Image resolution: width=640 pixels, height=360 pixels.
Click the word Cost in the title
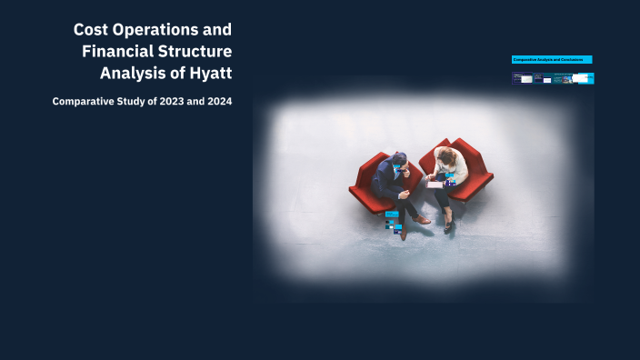click(x=91, y=30)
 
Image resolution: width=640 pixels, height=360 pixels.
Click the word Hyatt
click(x=211, y=72)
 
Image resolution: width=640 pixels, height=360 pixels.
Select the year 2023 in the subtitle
click(x=169, y=101)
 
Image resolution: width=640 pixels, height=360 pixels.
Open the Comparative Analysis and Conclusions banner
click(x=552, y=59)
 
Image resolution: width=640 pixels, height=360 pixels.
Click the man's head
click(x=399, y=160)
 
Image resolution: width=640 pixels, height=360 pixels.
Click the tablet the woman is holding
click(x=435, y=183)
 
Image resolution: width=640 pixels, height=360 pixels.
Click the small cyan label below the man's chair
click(x=392, y=215)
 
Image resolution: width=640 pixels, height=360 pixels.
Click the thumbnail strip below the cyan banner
click(x=552, y=79)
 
